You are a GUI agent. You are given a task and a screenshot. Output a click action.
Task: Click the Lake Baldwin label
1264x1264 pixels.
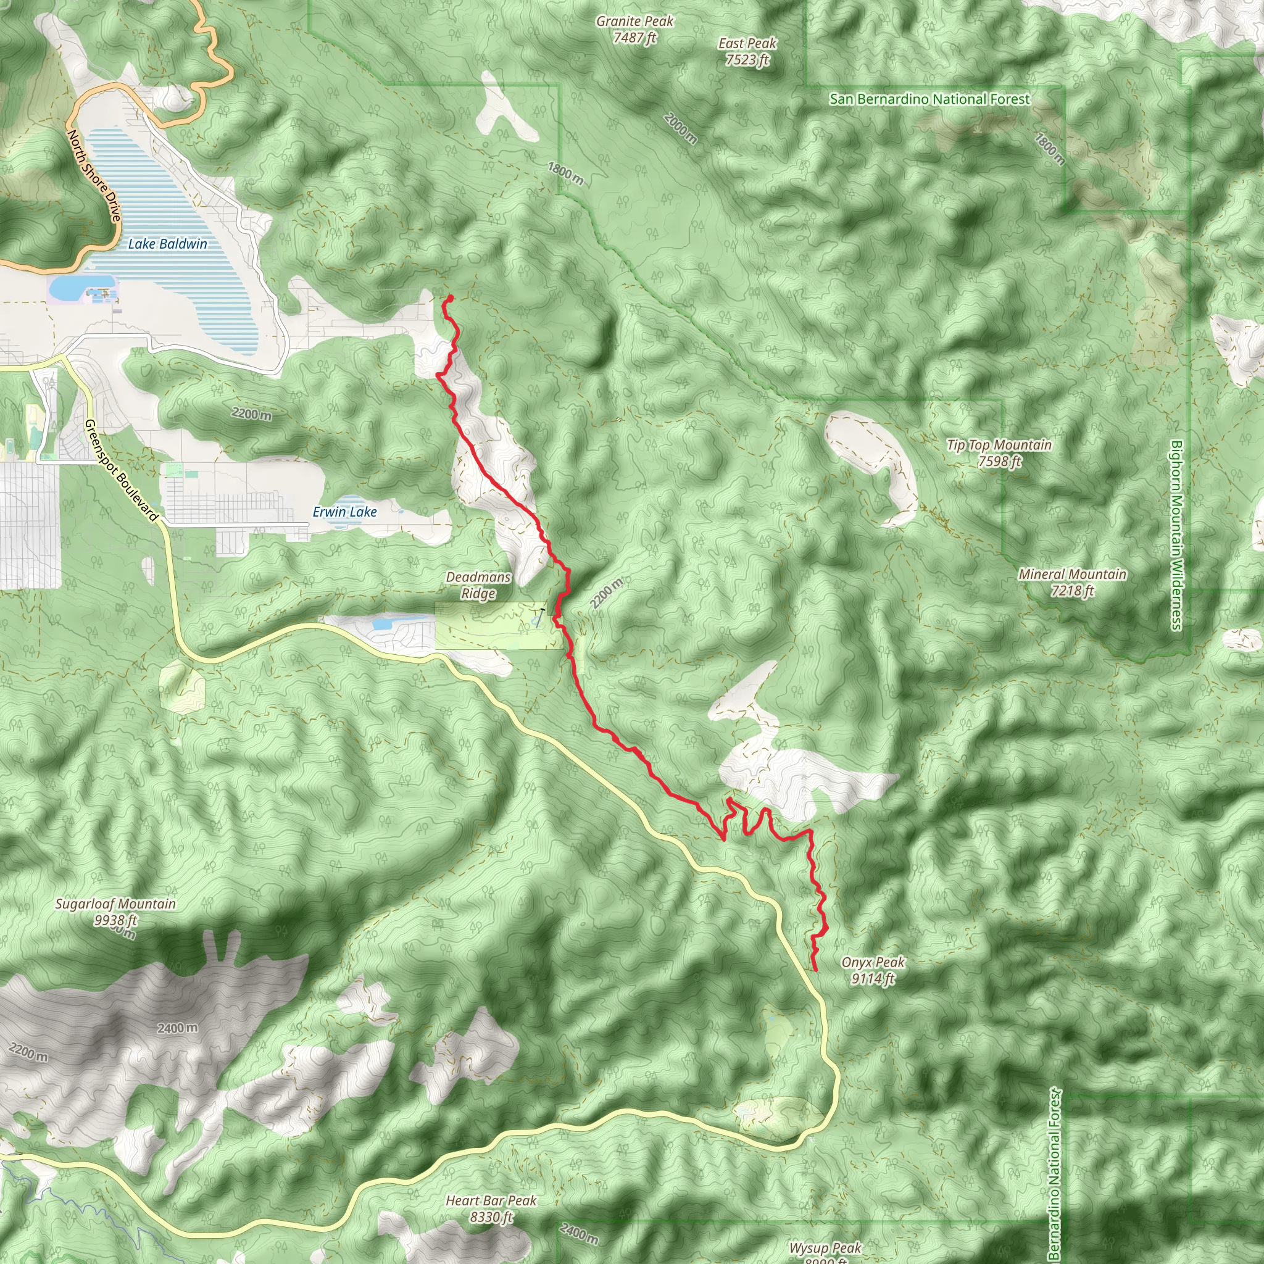[167, 244]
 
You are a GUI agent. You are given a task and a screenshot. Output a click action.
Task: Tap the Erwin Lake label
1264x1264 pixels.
[345, 512]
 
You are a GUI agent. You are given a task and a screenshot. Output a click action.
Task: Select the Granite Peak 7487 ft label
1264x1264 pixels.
[634, 30]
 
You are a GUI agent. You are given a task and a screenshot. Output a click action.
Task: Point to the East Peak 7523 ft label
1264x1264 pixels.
[747, 52]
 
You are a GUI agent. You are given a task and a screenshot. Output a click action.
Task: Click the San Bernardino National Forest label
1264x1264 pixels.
[929, 99]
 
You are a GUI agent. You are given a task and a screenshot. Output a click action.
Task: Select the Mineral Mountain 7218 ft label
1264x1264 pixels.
[1072, 582]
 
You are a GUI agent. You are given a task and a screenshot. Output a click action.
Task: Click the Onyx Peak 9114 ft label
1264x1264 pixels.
[873, 970]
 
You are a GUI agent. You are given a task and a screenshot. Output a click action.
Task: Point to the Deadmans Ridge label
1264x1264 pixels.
[478, 585]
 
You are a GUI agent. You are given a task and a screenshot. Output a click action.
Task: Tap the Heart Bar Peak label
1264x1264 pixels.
[491, 1208]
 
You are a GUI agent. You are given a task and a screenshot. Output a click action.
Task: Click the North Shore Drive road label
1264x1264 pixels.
[95, 175]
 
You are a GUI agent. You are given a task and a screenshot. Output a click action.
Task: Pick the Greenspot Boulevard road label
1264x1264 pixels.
[121, 470]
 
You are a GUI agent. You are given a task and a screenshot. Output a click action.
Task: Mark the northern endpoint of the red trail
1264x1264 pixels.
[450, 299]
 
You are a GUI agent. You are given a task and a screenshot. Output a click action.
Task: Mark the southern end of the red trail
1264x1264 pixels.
[815, 970]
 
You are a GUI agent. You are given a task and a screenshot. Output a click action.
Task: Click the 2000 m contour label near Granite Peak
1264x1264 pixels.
[680, 128]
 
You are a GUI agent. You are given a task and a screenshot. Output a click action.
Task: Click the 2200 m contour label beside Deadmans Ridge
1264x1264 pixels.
[607, 593]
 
